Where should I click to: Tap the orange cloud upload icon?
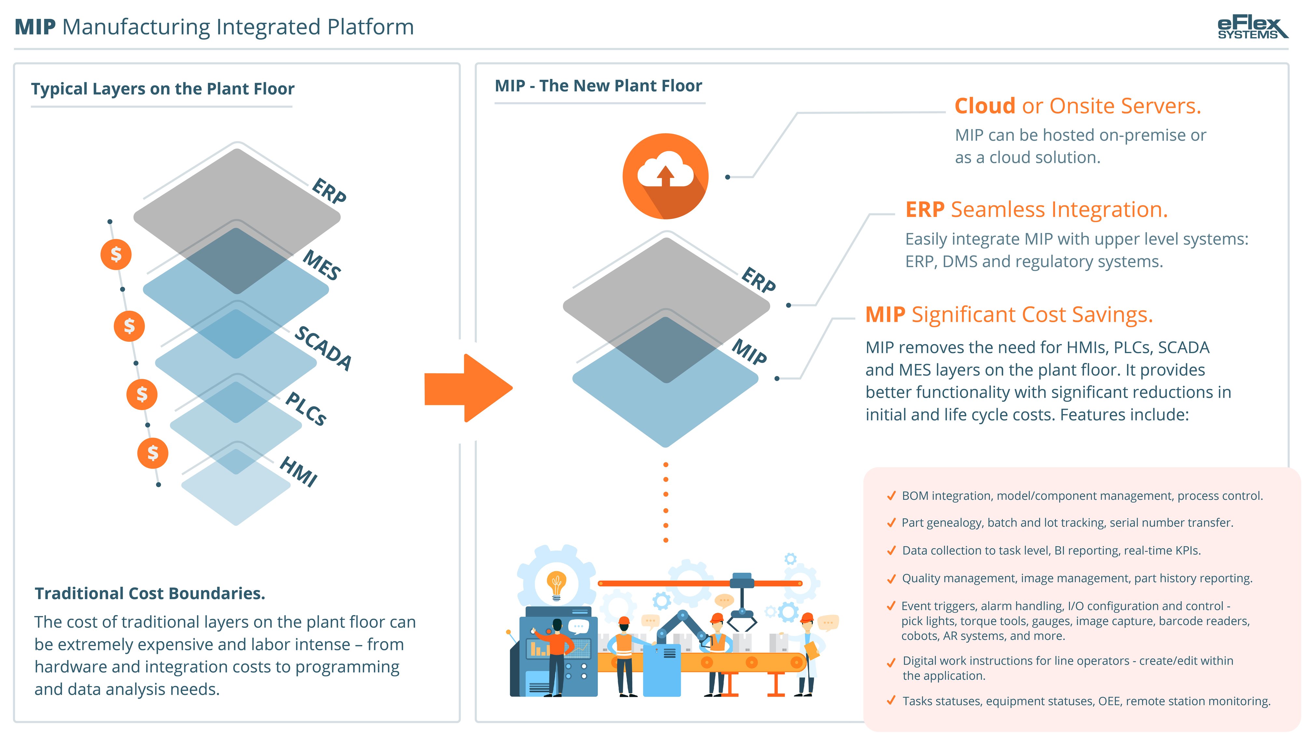(665, 176)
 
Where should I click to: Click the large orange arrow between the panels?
(469, 388)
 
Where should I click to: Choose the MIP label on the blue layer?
(749, 352)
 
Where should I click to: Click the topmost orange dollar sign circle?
(116, 254)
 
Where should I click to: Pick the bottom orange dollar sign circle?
(153, 453)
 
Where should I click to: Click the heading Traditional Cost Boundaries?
(150, 593)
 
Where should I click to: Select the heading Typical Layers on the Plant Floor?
(163, 89)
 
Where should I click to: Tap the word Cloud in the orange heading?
(985, 106)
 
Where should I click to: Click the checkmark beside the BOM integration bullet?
(892, 496)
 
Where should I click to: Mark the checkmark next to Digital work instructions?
(892, 662)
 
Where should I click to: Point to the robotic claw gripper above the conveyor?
(742, 602)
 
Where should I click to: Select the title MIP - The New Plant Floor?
(598, 86)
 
